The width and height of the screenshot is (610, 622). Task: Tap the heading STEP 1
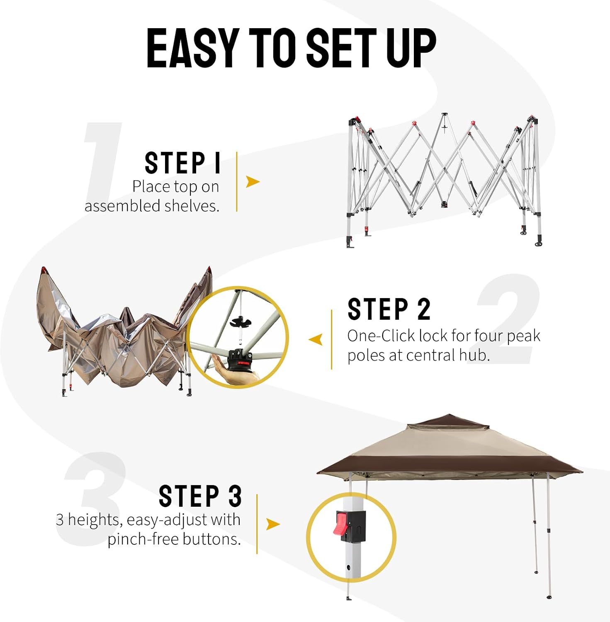click(182, 163)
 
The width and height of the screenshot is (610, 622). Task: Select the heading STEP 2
click(389, 309)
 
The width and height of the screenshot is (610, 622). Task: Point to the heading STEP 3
click(200, 496)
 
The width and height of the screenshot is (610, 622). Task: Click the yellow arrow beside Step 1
click(253, 182)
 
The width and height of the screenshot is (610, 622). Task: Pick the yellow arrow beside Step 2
click(316, 340)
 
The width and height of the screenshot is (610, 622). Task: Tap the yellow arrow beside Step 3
click(273, 525)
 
